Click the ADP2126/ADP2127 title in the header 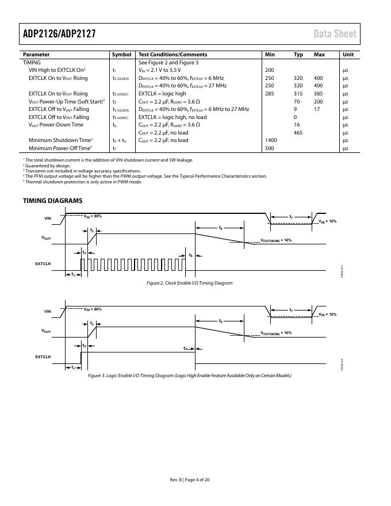59,33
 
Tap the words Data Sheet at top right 335,33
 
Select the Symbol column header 121,55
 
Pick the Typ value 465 298,133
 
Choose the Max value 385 318,94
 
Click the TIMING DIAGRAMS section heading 52,201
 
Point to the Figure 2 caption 189,283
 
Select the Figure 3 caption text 189,375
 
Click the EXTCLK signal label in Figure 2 43,263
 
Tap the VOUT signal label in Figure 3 46,332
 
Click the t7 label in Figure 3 291,310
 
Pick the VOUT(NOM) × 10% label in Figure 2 276,240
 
